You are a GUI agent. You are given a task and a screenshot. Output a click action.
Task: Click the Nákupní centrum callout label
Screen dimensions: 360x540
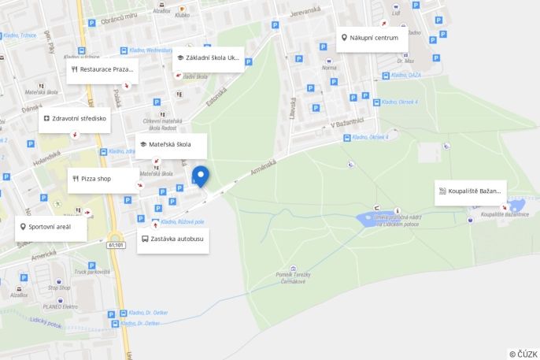[x=372, y=38]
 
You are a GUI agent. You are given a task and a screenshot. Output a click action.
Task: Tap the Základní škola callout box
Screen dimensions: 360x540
[x=209, y=58]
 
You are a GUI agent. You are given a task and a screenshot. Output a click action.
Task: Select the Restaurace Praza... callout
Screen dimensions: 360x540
[x=102, y=69]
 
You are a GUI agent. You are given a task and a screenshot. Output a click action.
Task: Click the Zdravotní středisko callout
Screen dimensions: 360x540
[x=75, y=119]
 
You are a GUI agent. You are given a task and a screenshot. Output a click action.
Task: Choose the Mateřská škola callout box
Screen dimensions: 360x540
[x=171, y=145]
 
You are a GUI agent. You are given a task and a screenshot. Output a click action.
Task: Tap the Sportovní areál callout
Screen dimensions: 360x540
[x=50, y=227]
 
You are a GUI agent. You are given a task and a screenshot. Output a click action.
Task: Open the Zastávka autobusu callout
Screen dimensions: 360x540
[x=172, y=239]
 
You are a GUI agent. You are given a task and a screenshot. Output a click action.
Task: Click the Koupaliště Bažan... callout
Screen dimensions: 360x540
[x=471, y=191]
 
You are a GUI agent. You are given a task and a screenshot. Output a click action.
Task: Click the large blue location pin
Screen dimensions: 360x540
[x=201, y=176]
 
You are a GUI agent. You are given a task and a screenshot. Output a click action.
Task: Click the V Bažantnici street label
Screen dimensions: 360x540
[x=347, y=123]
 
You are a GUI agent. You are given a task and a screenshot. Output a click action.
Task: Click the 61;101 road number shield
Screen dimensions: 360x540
[x=117, y=245]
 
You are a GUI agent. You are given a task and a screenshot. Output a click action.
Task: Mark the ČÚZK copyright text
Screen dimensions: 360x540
[x=523, y=354]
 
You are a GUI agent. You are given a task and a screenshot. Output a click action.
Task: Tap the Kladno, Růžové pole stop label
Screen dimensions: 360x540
[x=182, y=222]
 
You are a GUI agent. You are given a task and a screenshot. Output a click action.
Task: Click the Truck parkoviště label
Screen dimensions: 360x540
[x=92, y=272]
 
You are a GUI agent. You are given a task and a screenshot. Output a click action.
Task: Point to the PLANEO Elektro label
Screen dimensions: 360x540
[x=60, y=306]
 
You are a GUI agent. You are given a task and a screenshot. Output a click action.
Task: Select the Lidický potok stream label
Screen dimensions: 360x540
[x=46, y=323]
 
